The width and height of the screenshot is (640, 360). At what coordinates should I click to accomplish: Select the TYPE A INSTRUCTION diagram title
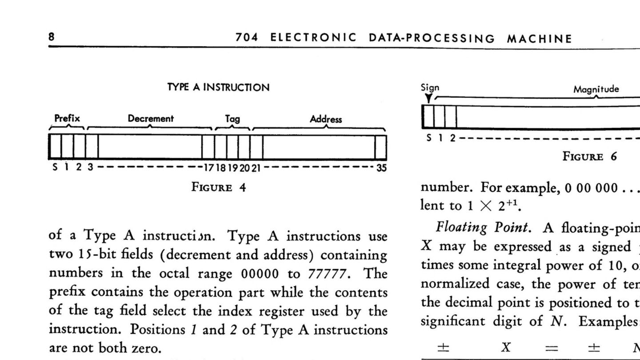218,88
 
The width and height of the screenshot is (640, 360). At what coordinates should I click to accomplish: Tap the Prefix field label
67,119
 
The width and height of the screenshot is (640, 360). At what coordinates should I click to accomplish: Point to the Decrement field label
151,119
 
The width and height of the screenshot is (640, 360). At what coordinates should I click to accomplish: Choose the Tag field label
232,119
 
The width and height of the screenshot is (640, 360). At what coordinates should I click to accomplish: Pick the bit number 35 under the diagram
381,168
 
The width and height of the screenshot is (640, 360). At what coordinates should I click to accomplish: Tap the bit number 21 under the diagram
256,168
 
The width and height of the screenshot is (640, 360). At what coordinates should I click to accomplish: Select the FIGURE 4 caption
218,187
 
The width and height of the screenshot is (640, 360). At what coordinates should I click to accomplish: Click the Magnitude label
596,89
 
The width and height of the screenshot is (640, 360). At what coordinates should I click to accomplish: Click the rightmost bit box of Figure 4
380,147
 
